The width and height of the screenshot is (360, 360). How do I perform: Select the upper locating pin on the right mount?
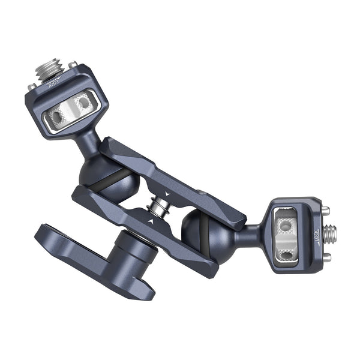(x=326, y=210)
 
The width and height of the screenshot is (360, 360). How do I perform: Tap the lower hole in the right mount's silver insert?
(x=287, y=254)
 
